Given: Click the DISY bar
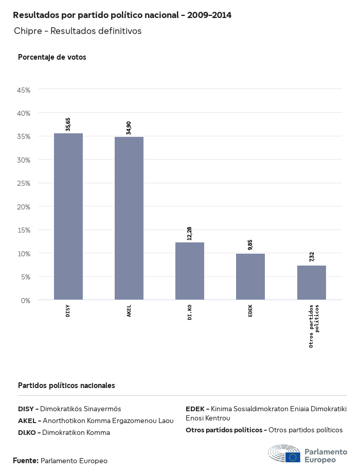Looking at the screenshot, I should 68,216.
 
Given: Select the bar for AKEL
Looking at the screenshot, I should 129,218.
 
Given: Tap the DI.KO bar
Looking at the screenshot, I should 190,271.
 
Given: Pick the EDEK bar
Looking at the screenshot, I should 250,276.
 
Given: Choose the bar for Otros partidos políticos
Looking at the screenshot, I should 312,283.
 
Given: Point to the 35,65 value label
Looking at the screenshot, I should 68,124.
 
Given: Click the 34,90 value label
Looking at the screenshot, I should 129,128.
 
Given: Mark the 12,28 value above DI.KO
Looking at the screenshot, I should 190,233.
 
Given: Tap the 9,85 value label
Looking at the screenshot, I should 250,244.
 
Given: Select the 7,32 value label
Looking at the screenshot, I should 312,256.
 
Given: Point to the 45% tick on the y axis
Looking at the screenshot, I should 24,90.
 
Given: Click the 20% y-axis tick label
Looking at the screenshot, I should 24,206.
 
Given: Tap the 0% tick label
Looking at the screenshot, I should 26,300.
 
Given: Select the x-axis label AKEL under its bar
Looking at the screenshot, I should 129,311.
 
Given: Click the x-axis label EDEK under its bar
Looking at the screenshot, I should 250,311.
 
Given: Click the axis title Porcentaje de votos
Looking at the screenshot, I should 52,57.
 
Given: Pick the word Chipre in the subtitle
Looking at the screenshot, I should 28,31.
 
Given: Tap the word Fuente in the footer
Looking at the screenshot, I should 25,461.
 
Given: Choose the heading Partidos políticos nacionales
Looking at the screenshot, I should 66,385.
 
